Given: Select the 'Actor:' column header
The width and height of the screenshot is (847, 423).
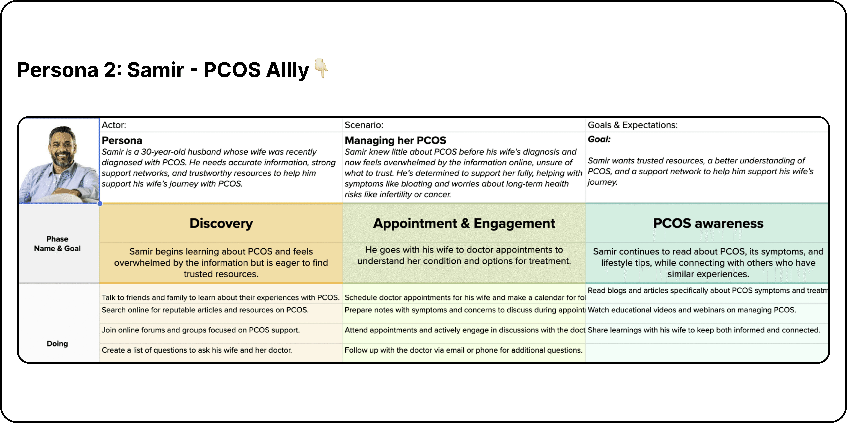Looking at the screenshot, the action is click(114, 125).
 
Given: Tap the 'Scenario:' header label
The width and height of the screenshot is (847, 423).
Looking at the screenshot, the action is click(364, 125).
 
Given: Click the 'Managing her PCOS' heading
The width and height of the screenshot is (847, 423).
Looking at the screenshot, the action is click(395, 141).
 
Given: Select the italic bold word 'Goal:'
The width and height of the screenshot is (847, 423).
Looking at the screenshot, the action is click(599, 140).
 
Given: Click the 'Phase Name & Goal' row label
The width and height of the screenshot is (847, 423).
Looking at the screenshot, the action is click(57, 244).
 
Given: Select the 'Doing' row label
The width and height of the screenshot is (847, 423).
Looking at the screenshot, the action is click(57, 343).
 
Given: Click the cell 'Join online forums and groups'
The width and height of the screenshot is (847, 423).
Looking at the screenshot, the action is click(201, 330).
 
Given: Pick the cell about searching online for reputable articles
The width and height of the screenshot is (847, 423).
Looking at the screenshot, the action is click(205, 310).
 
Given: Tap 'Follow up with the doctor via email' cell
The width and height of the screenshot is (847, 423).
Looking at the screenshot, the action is click(463, 350).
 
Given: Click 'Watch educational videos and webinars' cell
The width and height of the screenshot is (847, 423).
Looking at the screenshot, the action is click(691, 310).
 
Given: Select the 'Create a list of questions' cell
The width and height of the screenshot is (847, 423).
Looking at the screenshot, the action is click(197, 350).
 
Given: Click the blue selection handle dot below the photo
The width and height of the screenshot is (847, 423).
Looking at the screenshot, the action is click(100, 204).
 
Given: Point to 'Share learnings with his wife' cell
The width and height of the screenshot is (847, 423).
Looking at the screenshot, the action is click(704, 330).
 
